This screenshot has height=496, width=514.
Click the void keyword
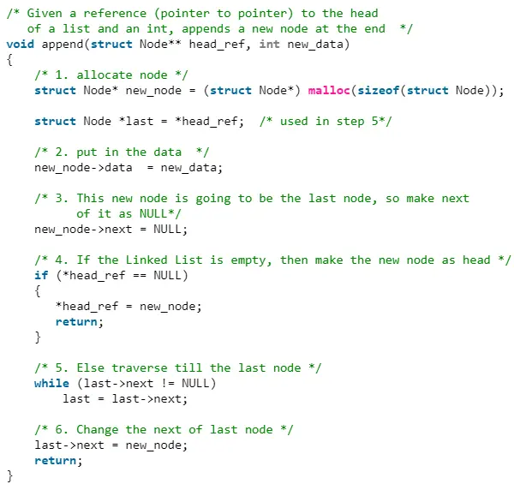pyautogui.click(x=21, y=44)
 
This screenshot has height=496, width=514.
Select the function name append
pyautogui.click(x=63, y=45)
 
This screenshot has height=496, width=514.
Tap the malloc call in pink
pyautogui.click(x=329, y=90)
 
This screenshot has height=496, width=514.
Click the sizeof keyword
pyautogui.click(x=379, y=90)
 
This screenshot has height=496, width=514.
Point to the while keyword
pyautogui.click(x=51, y=383)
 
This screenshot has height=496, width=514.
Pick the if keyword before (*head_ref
pyautogui.click(x=41, y=275)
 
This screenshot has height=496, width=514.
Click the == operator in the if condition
pyautogui.click(x=140, y=275)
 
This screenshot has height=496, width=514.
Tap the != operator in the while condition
pyautogui.click(x=168, y=383)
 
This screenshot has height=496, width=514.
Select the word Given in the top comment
pyautogui.click(x=45, y=13)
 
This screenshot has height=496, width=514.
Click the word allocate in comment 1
pyautogui.click(x=105, y=75)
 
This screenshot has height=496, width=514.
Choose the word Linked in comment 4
pyautogui.click(x=146, y=260)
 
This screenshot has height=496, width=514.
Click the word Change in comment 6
pyautogui.click(x=98, y=429)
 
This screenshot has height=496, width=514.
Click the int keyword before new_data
pyautogui.click(x=270, y=44)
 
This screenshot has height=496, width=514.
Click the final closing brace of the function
pyautogui.click(x=9, y=475)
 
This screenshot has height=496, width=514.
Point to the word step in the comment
pyautogui.click(x=350, y=122)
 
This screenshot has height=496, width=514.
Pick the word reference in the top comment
pyautogui.click(x=115, y=13)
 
